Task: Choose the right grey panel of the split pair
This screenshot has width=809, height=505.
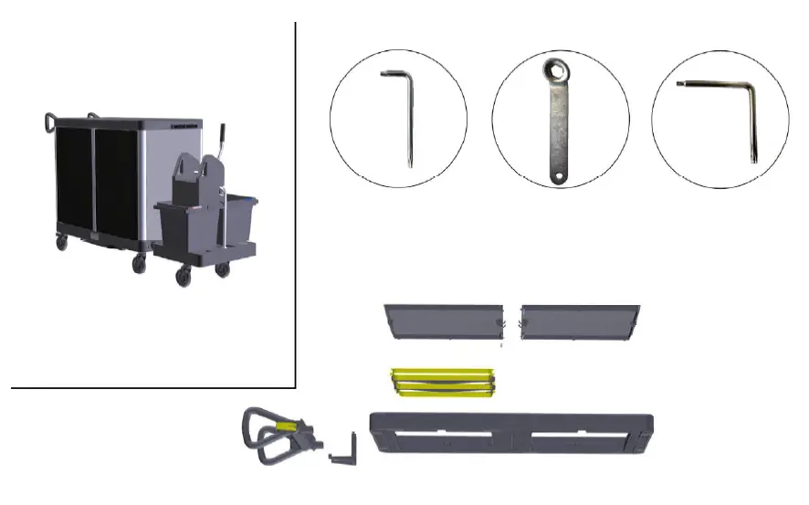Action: (578, 321)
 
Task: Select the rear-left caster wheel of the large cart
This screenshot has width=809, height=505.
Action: (62, 243)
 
